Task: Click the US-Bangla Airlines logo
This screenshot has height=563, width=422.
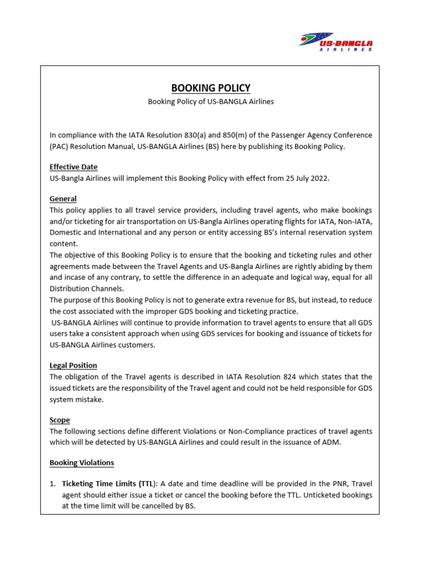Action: click(335, 41)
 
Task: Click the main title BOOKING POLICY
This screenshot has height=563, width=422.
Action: click(210, 88)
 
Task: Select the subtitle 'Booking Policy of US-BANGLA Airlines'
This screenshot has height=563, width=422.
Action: click(210, 102)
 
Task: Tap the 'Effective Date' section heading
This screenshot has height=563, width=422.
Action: click(74, 167)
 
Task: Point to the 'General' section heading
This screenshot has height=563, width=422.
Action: click(63, 199)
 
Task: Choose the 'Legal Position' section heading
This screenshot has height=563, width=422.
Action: click(73, 365)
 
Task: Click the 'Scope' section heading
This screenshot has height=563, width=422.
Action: click(60, 420)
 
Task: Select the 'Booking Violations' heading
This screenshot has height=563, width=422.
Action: click(82, 463)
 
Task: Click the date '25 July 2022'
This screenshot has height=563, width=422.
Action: click(306, 178)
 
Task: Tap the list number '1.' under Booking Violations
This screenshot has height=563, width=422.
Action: click(53, 484)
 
